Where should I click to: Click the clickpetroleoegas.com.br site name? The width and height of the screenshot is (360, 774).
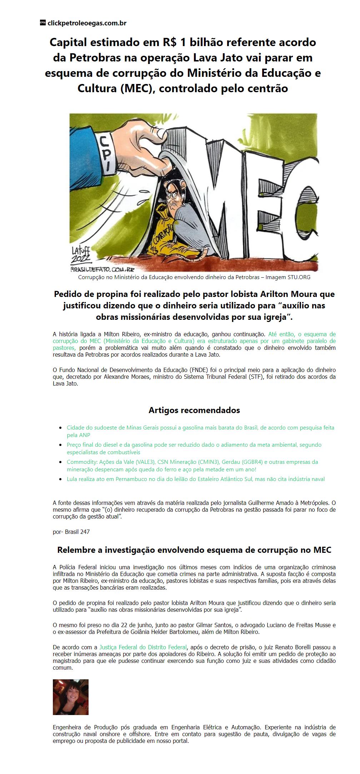[x=87, y=23]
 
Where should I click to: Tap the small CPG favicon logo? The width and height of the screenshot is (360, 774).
[x=42, y=23]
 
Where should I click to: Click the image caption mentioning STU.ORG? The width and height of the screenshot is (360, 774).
[x=194, y=277]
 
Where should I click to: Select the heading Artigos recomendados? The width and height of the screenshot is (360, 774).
[x=194, y=410]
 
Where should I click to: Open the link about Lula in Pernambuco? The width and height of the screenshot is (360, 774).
[x=196, y=479]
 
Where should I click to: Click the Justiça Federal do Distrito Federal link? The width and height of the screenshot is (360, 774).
[x=143, y=647]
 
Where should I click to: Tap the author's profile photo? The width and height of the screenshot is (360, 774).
[x=71, y=697]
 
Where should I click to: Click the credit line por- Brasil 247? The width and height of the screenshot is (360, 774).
[x=71, y=532]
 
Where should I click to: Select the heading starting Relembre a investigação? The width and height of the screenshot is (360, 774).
[x=194, y=550]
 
